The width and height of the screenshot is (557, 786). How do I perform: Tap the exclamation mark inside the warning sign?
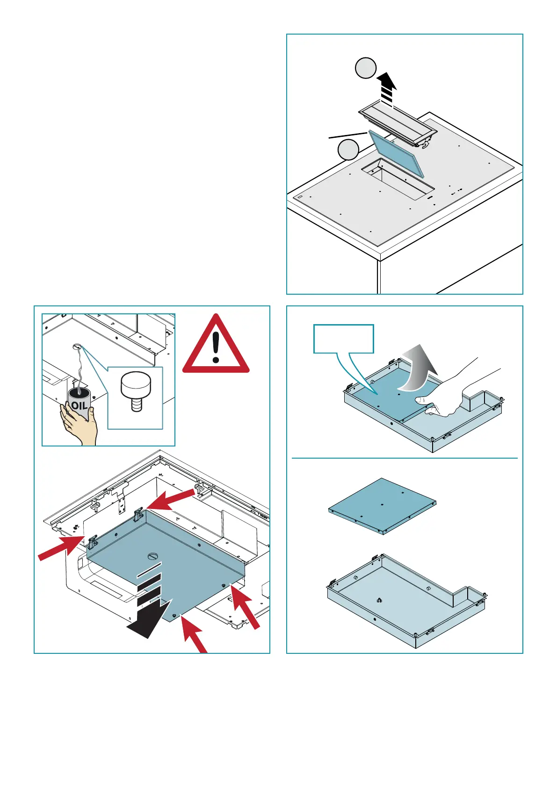click(216, 346)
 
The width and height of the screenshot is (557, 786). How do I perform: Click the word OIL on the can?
click(79, 405)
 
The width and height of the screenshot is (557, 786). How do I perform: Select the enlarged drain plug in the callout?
click(136, 389)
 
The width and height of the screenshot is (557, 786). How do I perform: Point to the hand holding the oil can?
click(80, 425)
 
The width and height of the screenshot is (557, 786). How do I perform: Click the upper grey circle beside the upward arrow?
click(365, 68)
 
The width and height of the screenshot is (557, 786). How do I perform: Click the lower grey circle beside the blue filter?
click(348, 150)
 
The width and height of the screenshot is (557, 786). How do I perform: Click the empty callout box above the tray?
click(344, 339)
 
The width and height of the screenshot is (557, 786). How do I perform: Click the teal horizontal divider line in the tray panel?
click(405, 458)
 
